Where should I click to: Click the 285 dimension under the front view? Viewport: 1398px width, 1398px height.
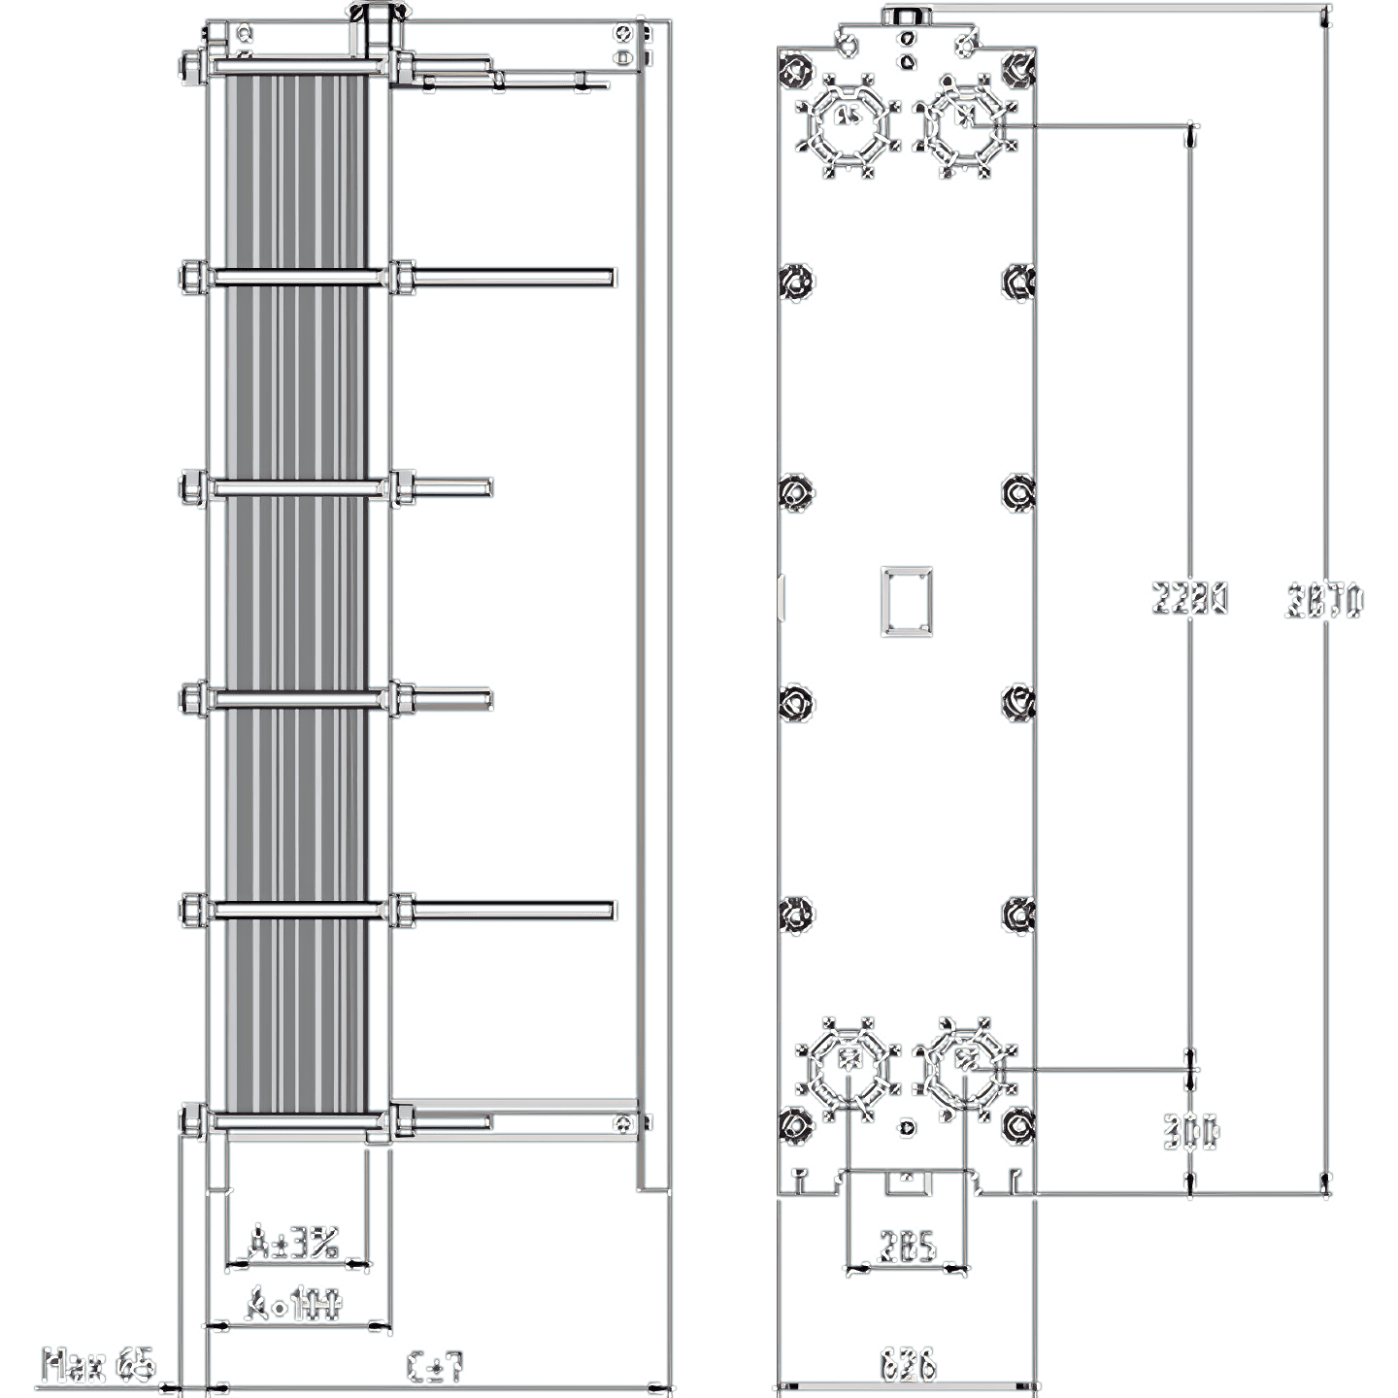click(907, 1247)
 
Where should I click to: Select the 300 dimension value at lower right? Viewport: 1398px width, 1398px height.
click(1192, 1132)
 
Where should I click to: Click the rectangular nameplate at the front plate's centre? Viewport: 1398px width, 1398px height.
click(907, 602)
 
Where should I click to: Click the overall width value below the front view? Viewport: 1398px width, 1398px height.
click(907, 1364)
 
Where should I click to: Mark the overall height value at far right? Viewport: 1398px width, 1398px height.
click(1325, 601)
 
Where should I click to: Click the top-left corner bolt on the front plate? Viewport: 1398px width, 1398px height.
click(796, 68)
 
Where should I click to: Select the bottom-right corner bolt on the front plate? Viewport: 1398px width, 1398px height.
click(1017, 1126)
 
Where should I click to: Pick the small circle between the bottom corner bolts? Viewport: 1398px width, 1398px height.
click(908, 1127)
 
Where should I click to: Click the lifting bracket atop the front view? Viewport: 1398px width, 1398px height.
click(907, 14)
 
